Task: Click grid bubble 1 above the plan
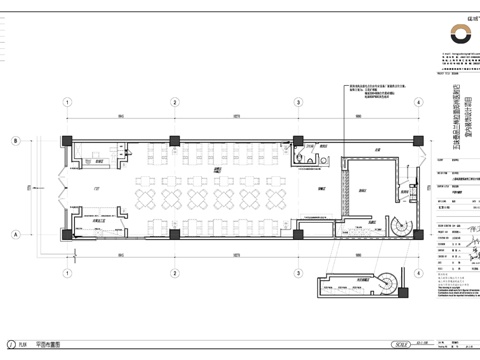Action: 67,102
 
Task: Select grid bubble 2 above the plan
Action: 173,102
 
